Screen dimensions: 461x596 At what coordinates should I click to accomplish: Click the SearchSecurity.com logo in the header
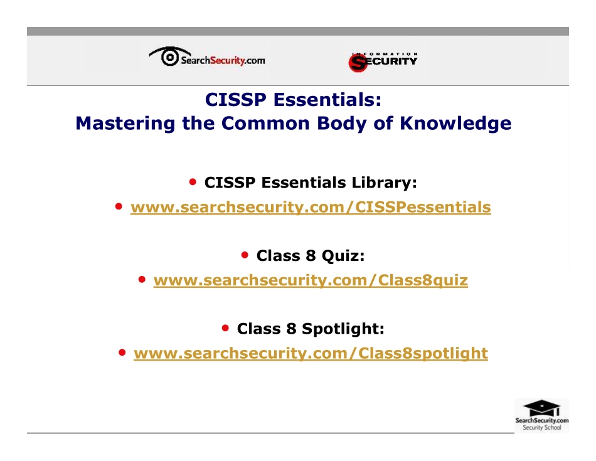[207, 58]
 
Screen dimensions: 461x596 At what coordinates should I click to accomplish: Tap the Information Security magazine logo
[383, 61]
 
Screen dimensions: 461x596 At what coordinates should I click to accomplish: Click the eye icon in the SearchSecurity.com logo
[168, 57]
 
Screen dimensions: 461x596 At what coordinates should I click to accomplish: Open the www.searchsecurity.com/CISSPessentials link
[311, 207]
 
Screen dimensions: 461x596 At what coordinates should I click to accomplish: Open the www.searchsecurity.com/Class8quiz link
[311, 280]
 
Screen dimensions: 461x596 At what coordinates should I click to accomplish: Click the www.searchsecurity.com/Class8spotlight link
[311, 354]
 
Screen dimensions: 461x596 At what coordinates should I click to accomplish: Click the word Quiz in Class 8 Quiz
[343, 256]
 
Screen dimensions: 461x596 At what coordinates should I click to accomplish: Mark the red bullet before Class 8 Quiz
[246, 255]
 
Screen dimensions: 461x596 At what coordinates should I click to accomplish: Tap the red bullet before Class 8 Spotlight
[226, 328]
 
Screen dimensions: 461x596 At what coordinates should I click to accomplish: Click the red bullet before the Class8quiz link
[143, 279]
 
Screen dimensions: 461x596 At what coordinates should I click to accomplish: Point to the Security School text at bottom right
[541, 428]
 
